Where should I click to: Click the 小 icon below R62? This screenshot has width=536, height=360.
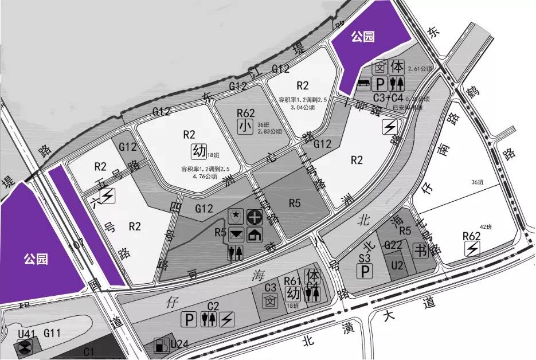pyautogui.click(x=245, y=126)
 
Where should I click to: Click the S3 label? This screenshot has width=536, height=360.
pyautogui.click(x=364, y=258)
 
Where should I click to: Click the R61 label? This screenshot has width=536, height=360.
pyautogui.click(x=292, y=280)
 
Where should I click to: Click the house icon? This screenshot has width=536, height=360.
pyautogui.click(x=254, y=234)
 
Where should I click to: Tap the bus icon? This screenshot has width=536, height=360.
pyautogui.click(x=363, y=84)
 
